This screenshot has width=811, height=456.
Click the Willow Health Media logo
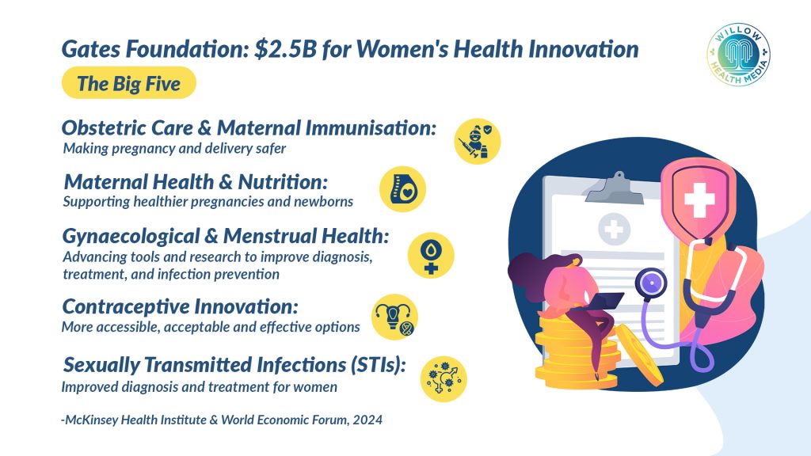738,54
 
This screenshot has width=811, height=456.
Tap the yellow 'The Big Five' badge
129,82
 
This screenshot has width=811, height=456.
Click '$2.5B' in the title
285,49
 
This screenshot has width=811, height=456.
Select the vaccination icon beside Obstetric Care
478,141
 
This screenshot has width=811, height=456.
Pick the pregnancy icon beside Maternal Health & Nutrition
402,189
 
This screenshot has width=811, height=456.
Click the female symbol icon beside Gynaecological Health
431,256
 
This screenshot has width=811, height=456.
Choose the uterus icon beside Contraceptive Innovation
394,317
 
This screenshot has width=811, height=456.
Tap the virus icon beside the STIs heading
444,379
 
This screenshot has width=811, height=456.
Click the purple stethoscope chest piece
651,283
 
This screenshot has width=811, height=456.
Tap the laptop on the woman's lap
603,300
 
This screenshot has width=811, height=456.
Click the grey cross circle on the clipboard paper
614,229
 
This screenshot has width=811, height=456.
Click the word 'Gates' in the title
91,50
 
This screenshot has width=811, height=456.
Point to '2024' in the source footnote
367,420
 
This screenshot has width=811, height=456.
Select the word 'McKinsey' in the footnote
91,420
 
